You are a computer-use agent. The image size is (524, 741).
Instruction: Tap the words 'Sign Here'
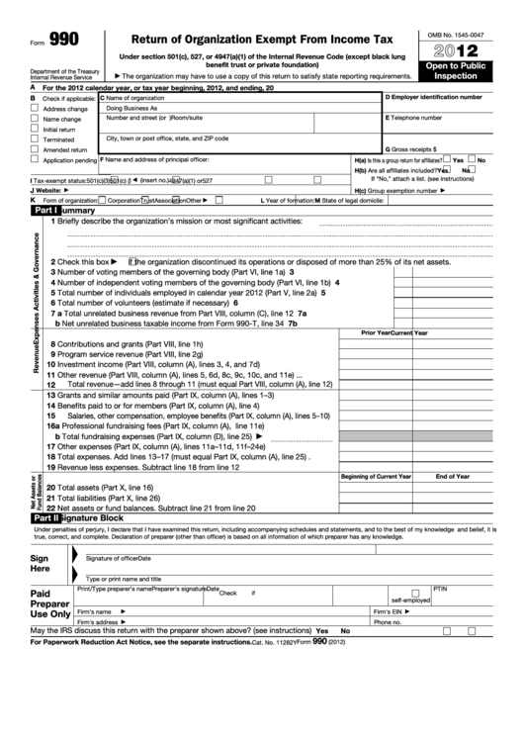[x=40, y=563]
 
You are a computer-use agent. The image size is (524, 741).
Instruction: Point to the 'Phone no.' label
[x=388, y=622]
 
